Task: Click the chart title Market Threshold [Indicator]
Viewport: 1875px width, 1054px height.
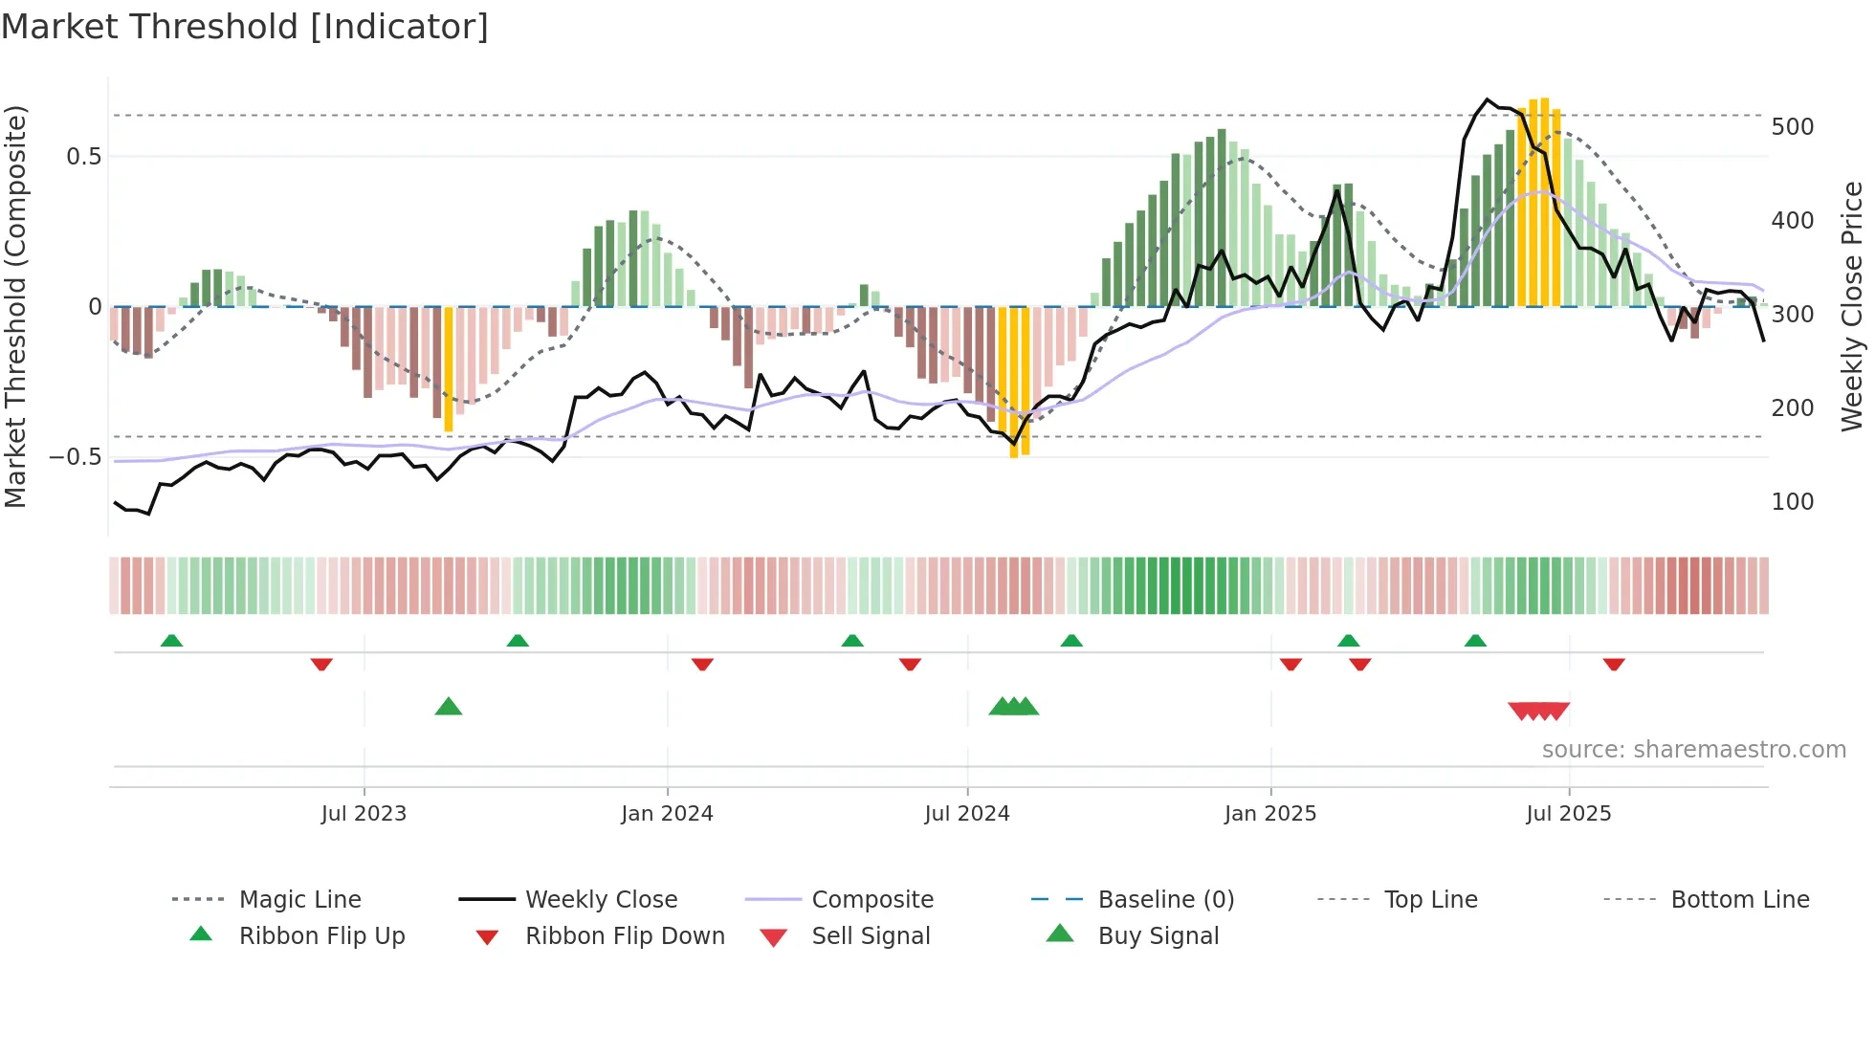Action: [245, 27]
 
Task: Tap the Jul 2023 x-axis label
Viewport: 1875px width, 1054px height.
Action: [364, 814]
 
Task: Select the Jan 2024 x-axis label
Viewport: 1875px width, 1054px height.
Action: [667, 814]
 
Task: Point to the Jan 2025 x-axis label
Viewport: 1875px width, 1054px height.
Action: [1270, 814]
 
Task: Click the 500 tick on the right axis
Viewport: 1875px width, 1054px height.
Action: [1792, 127]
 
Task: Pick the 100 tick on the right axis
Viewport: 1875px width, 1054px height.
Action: [1792, 502]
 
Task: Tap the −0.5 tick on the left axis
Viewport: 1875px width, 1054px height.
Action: [75, 457]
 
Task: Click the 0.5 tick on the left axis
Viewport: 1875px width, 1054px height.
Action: [83, 157]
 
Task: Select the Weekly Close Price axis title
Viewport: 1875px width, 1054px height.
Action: [1852, 306]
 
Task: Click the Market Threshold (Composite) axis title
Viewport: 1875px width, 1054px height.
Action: [15, 306]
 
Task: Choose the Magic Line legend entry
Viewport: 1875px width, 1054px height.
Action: [299, 900]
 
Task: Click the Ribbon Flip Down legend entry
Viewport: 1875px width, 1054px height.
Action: [625, 936]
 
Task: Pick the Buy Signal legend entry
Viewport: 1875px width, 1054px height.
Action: [1158, 936]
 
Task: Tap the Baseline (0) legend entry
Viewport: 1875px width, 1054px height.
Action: [1165, 900]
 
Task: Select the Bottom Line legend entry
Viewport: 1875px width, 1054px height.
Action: [1739, 900]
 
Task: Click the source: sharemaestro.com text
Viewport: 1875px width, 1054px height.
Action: [1693, 750]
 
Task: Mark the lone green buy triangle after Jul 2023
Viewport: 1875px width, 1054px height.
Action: [449, 707]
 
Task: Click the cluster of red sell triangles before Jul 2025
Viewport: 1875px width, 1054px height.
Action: [1538, 711]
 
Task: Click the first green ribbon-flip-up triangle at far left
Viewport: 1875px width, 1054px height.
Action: [171, 641]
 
